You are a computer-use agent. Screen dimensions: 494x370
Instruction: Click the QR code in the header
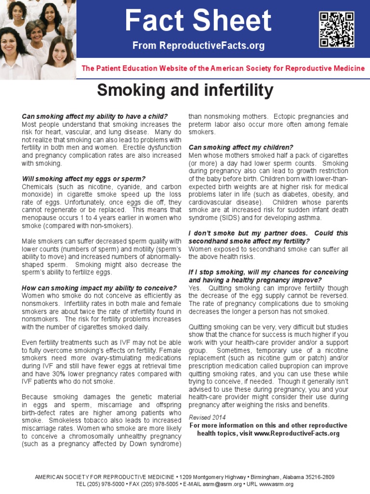pos(336,29)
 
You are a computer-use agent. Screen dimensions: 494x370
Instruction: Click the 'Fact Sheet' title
pos(198,21)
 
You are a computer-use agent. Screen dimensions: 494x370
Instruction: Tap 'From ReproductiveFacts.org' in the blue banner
pos(198,46)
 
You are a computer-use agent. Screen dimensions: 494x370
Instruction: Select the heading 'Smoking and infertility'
pos(185,90)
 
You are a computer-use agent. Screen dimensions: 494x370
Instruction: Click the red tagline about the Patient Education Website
pos(223,69)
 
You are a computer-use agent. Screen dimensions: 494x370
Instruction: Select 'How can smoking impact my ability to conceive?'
pos(99,288)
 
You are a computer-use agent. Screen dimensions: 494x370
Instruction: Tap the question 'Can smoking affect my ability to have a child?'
pos(95,116)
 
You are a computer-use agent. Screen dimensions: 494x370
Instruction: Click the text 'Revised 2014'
pos(207,417)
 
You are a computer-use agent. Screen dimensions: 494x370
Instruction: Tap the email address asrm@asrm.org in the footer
pos(228,484)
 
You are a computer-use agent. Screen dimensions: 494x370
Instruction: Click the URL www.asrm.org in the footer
pos(277,484)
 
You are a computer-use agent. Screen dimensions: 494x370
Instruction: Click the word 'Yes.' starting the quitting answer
pos(194,288)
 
